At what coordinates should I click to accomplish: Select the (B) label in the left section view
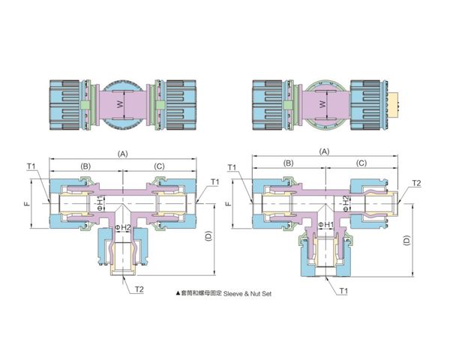(x=86, y=165)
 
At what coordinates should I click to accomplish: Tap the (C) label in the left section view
(x=159, y=165)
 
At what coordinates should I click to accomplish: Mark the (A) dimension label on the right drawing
(x=325, y=151)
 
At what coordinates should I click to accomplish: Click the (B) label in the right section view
(x=287, y=163)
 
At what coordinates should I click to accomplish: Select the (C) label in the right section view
(x=361, y=163)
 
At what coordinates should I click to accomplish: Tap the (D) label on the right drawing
(x=406, y=241)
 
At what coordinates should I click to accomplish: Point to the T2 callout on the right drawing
(x=417, y=184)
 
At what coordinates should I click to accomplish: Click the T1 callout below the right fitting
(x=343, y=289)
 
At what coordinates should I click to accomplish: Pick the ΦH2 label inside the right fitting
(x=346, y=202)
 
